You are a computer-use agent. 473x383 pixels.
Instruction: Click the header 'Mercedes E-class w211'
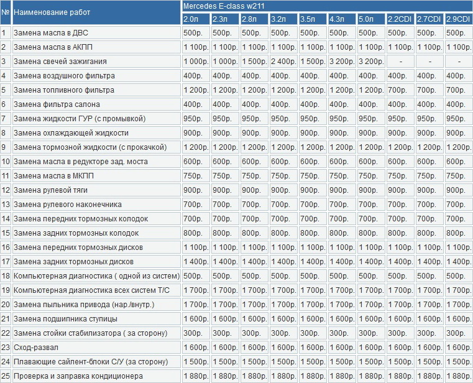pyautogui.click(x=224, y=6)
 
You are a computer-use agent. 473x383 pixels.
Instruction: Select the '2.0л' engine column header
pyautogui.click(x=191, y=19)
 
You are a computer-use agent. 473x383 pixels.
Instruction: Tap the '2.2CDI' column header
pyautogui.click(x=400, y=19)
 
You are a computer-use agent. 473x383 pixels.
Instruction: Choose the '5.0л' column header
pyautogui.click(x=366, y=19)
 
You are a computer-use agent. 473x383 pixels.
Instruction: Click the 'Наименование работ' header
pyautogui.click(x=52, y=12)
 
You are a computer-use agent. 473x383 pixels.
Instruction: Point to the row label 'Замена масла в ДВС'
pyautogui.click(x=51, y=32)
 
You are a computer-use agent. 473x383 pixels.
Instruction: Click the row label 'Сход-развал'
pyautogui.click(x=36, y=348)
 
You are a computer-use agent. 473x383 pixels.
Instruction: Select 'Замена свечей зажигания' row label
pyautogui.click(x=60, y=62)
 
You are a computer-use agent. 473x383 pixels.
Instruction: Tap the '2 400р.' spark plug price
pyautogui.click(x=283, y=62)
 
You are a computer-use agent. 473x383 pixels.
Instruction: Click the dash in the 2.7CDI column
pyautogui.click(x=430, y=62)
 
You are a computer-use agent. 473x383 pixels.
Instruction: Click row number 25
pyautogui.click(x=6, y=376)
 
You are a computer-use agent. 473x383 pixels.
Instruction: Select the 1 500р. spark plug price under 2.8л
pyautogui.click(x=254, y=62)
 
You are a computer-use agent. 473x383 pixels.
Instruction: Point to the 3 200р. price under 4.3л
pyautogui.click(x=342, y=62)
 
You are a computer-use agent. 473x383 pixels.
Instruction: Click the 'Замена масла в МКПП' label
pyautogui.click(x=53, y=176)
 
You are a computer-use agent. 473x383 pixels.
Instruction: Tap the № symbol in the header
pyautogui.click(x=5, y=12)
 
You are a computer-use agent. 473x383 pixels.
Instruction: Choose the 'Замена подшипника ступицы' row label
pyautogui.click(x=65, y=319)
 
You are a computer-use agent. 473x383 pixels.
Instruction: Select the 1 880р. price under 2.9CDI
pyautogui.click(x=458, y=376)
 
